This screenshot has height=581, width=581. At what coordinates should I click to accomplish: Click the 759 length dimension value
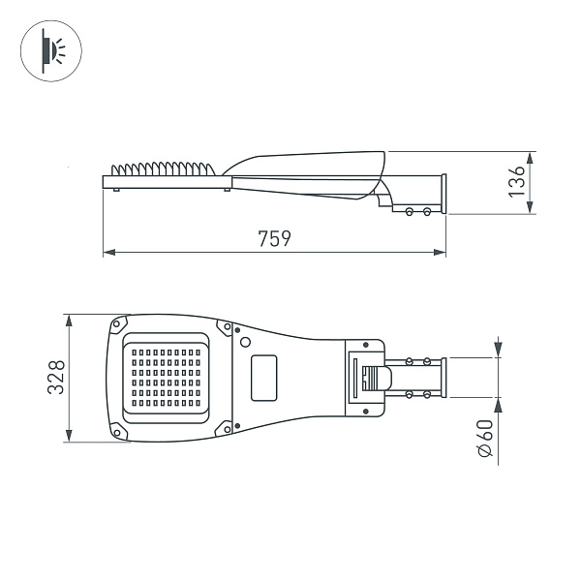275,239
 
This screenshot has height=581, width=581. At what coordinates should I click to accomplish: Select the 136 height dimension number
518,181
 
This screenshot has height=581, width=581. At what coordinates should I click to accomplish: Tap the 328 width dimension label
57,377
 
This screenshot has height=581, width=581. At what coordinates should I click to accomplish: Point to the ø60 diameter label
486,441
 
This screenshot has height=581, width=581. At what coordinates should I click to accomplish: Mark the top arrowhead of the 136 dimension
530,156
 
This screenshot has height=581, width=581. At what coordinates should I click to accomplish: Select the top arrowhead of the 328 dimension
70,320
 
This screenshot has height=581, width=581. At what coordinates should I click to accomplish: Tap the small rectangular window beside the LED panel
263,377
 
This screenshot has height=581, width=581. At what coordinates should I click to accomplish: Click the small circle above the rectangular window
246,342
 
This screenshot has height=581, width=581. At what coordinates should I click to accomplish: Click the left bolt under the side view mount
411,210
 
